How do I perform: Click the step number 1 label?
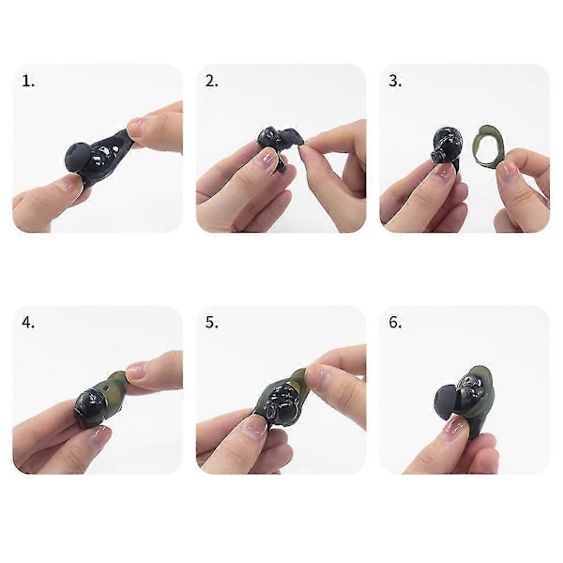[28, 81]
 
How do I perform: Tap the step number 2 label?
[212, 81]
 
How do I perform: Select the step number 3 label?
[395, 81]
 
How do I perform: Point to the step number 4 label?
[28, 323]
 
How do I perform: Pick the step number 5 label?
[212, 323]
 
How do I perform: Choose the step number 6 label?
[395, 323]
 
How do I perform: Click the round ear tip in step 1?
[80, 158]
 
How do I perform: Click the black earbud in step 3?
[445, 146]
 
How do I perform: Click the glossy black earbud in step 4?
[90, 407]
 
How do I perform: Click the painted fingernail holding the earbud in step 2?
[266, 157]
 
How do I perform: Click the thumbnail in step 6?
[454, 426]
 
